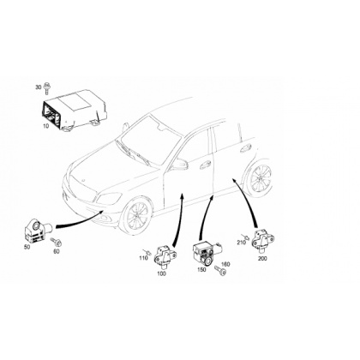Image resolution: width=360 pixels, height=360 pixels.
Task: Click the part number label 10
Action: (x=46, y=126)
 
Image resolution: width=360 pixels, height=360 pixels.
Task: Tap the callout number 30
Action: (x=39, y=87)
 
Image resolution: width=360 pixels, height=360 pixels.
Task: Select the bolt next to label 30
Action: (x=46, y=88)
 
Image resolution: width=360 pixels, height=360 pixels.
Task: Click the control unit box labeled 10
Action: (x=75, y=111)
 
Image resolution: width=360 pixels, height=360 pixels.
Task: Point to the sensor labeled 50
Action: (x=37, y=231)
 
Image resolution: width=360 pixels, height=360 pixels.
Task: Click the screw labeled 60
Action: (x=57, y=242)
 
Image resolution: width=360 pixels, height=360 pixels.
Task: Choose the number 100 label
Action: (x=161, y=273)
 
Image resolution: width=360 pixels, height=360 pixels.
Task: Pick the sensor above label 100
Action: (x=165, y=255)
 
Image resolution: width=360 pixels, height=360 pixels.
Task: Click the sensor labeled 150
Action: (x=207, y=252)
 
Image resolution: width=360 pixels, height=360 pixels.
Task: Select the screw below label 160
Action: (x=220, y=271)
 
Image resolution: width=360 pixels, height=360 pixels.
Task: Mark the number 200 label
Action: (x=262, y=259)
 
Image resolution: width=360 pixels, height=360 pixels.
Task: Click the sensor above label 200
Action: (x=262, y=239)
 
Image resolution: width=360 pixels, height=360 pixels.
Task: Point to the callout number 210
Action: (x=241, y=243)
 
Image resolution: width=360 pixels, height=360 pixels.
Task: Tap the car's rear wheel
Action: (x=260, y=178)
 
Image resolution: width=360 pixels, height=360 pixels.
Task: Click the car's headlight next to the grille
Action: (x=108, y=198)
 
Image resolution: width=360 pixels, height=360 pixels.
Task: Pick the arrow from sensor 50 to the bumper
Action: (x=79, y=221)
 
